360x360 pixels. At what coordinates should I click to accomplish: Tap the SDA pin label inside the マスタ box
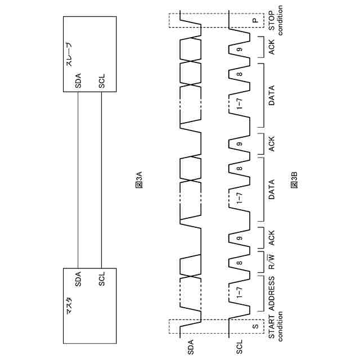click(78, 280)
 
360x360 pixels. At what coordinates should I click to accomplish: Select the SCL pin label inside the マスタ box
click(102, 280)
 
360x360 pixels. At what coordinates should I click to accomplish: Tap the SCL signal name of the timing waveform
click(240, 344)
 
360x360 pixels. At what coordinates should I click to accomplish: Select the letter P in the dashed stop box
click(255, 21)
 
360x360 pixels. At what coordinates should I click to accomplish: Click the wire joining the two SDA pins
click(78, 180)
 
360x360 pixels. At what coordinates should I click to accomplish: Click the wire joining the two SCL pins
click(102, 180)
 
